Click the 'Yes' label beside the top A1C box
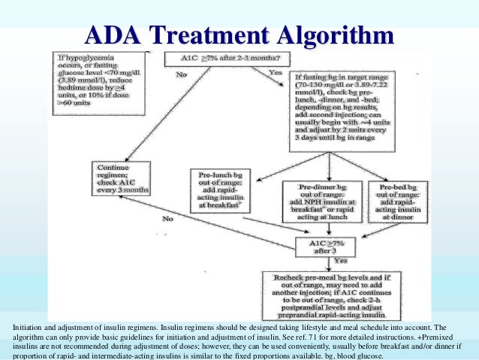(276, 72)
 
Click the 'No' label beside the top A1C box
(181, 74)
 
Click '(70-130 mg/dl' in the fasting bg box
(323, 86)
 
